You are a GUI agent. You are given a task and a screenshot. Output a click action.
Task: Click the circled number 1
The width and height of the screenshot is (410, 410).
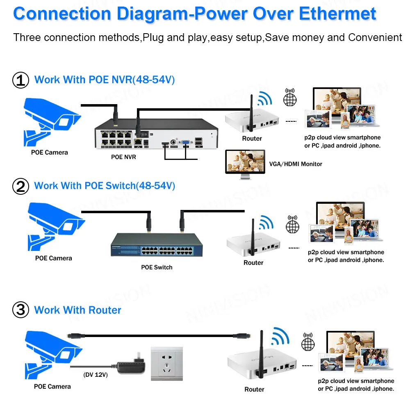point(21,80)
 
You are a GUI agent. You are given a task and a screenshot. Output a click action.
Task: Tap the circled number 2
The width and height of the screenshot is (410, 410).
point(21,187)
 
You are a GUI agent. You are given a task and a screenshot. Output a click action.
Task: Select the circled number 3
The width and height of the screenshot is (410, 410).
point(21,310)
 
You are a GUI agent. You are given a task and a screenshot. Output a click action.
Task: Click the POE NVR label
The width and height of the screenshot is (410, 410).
point(123,157)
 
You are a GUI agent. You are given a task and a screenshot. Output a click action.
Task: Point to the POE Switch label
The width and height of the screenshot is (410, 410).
point(157,267)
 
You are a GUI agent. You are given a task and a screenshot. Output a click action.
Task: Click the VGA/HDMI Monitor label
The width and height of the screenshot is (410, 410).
point(295,164)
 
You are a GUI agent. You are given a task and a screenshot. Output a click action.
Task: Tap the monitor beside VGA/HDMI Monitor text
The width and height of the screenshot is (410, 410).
point(245,163)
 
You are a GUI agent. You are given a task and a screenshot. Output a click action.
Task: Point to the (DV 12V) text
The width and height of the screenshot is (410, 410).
point(96,374)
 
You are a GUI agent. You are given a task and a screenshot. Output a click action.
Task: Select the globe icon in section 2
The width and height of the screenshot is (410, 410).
point(292,225)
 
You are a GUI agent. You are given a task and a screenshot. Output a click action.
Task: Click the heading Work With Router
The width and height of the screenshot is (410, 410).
point(77,310)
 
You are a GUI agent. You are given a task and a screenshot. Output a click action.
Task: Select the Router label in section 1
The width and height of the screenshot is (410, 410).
point(252,139)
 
